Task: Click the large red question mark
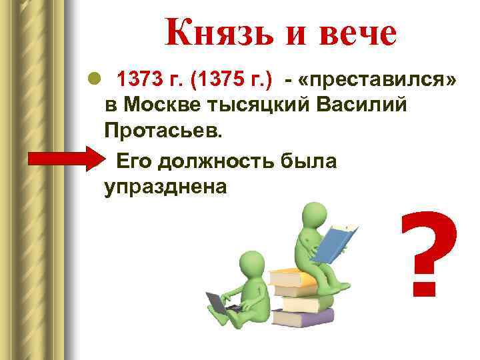tap(429, 253)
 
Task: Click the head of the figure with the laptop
tap(251, 264)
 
